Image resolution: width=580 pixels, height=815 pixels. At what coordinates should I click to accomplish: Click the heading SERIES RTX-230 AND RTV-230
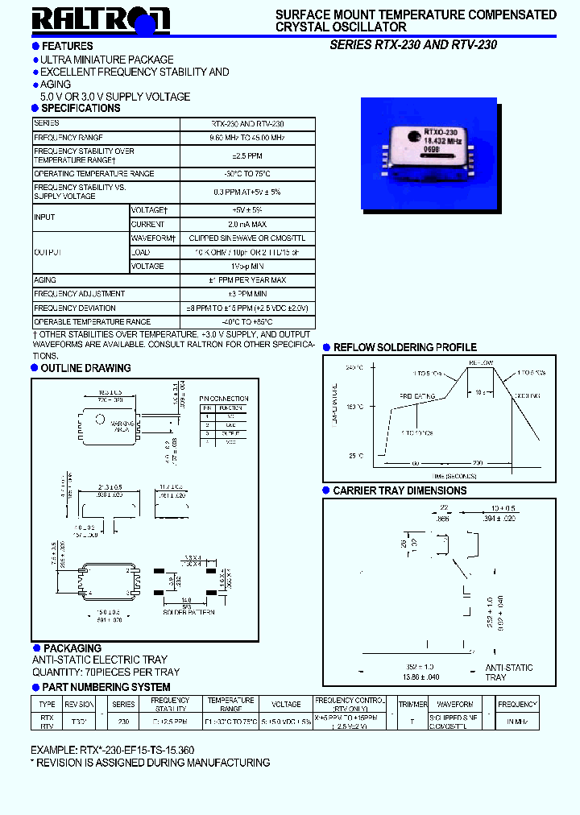pos(413,45)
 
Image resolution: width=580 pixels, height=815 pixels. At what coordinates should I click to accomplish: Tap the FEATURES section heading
pos(67,46)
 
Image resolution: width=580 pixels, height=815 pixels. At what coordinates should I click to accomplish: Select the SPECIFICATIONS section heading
pos(81,108)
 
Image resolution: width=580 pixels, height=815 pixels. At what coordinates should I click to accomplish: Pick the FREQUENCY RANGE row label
pos(68,138)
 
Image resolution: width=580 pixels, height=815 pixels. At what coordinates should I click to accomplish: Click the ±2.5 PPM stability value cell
pos(247,155)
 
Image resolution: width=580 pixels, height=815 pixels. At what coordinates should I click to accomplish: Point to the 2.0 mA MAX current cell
pos(247,224)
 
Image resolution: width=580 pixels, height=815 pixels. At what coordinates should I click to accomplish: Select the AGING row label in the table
pos(45,280)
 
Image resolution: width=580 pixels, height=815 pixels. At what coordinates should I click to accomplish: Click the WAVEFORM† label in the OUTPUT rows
pos(153,238)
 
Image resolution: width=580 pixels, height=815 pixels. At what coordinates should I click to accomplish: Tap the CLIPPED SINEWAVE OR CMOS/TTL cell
pos(247,238)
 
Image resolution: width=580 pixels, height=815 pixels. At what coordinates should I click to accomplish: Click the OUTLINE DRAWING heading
pos(85,368)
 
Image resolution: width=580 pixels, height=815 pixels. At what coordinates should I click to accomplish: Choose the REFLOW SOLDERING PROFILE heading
pos(405,348)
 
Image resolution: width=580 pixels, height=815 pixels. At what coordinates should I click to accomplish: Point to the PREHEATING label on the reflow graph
pos(418,396)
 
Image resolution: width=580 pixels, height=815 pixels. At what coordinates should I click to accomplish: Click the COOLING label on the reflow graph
pos(528,396)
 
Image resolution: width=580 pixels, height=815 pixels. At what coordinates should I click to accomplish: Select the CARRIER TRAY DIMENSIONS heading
pos(400,490)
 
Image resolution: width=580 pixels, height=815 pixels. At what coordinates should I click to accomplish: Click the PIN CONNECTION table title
pos(224,399)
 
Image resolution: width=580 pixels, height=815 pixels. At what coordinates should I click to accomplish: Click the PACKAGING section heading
pos(72,648)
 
